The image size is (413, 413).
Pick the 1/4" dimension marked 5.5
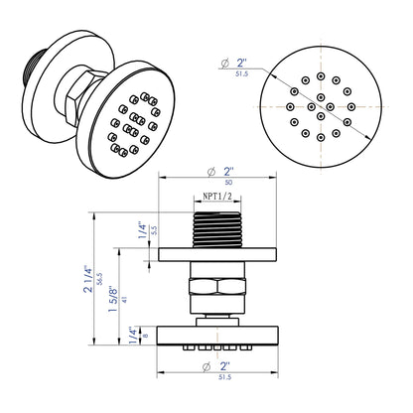pyautogui.click(x=141, y=230)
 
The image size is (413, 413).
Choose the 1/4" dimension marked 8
pyautogui.click(x=141, y=335)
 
